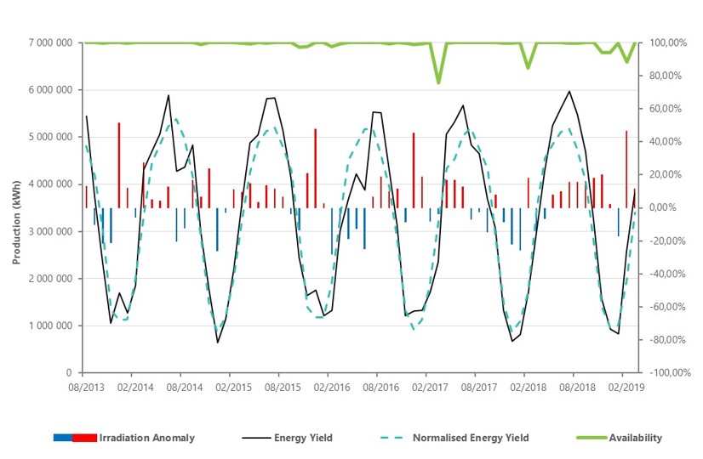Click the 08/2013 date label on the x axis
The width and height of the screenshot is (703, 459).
click(83, 387)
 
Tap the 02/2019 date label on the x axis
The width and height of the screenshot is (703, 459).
click(622, 387)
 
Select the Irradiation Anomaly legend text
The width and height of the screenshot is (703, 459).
click(146, 439)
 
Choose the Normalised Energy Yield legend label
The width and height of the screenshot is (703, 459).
click(470, 439)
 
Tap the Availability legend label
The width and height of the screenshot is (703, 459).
click(635, 439)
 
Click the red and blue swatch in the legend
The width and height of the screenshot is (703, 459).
click(74, 439)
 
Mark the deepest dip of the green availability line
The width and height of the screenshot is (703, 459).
click(438, 82)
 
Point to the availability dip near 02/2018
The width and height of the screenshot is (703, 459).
click(528, 67)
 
